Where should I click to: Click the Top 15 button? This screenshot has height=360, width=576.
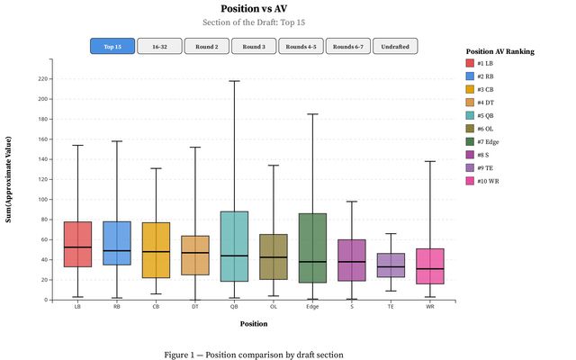pos(112,46)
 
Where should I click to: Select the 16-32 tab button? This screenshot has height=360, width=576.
pos(159,46)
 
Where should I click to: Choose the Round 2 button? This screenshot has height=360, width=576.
pos(207,46)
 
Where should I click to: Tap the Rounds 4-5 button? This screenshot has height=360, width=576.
pos(301,46)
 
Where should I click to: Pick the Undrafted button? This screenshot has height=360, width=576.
pos(395,46)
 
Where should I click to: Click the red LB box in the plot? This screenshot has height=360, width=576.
pos(78,244)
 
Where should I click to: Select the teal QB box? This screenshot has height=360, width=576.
pos(234,247)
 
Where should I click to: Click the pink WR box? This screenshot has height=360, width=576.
pos(430,266)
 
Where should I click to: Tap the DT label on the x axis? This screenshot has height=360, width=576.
pos(195,307)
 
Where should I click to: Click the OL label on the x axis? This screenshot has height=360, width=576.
pos(273,307)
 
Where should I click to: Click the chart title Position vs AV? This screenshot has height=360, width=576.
pos(253,9)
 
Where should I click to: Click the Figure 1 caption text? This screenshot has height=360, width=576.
pos(253,355)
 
